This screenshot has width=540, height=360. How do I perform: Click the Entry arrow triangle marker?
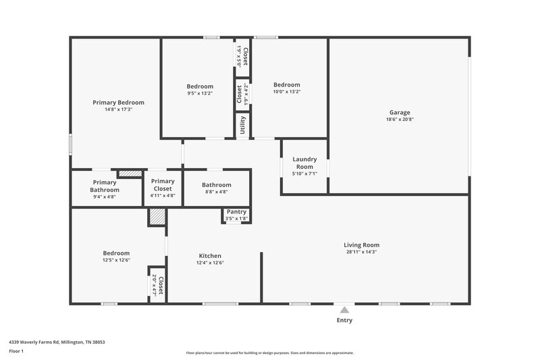click(x=344, y=309)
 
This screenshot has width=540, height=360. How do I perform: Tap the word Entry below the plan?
click(x=344, y=320)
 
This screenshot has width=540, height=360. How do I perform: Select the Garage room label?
click(x=399, y=113)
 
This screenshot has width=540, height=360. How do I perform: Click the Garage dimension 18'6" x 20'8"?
click(x=399, y=120)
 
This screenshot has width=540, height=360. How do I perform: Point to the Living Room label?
click(x=362, y=245)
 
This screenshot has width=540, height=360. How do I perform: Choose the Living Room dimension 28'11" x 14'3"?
click(x=362, y=252)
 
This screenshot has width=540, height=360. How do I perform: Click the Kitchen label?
click(x=210, y=256)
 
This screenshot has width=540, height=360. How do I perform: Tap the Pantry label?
click(x=236, y=211)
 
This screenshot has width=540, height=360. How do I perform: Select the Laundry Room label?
click(x=304, y=163)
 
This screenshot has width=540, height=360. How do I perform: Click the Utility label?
click(x=242, y=126)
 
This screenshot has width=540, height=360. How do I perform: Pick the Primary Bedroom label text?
click(x=118, y=103)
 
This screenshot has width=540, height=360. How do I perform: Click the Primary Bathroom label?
click(x=105, y=186)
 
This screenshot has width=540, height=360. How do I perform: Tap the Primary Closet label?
click(x=163, y=185)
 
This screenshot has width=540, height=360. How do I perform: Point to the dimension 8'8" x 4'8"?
click(x=216, y=192)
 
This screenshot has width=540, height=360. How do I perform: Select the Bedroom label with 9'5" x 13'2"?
click(x=200, y=86)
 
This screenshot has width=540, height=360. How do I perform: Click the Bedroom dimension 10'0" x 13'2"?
click(x=286, y=92)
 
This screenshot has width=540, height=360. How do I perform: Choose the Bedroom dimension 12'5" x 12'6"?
click(x=116, y=260)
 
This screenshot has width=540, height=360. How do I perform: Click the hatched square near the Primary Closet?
click(x=157, y=217)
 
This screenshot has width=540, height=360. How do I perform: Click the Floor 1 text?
click(x=16, y=352)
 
